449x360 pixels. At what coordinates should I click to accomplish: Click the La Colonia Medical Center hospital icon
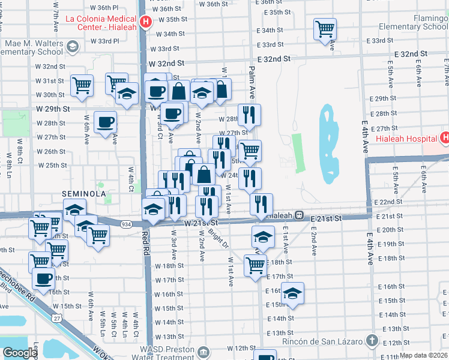(x=145, y=23)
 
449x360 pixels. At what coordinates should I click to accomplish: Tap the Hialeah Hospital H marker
(x=444, y=138)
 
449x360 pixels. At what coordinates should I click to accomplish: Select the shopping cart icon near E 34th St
(x=325, y=28)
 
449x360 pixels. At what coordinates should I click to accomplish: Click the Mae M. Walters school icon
(x=72, y=47)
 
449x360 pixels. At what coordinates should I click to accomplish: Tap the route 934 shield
(x=125, y=224)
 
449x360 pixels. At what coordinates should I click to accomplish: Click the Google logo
(x=20, y=353)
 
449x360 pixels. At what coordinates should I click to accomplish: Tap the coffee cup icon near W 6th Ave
(x=106, y=122)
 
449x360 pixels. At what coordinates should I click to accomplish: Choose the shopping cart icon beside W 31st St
(x=82, y=85)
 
